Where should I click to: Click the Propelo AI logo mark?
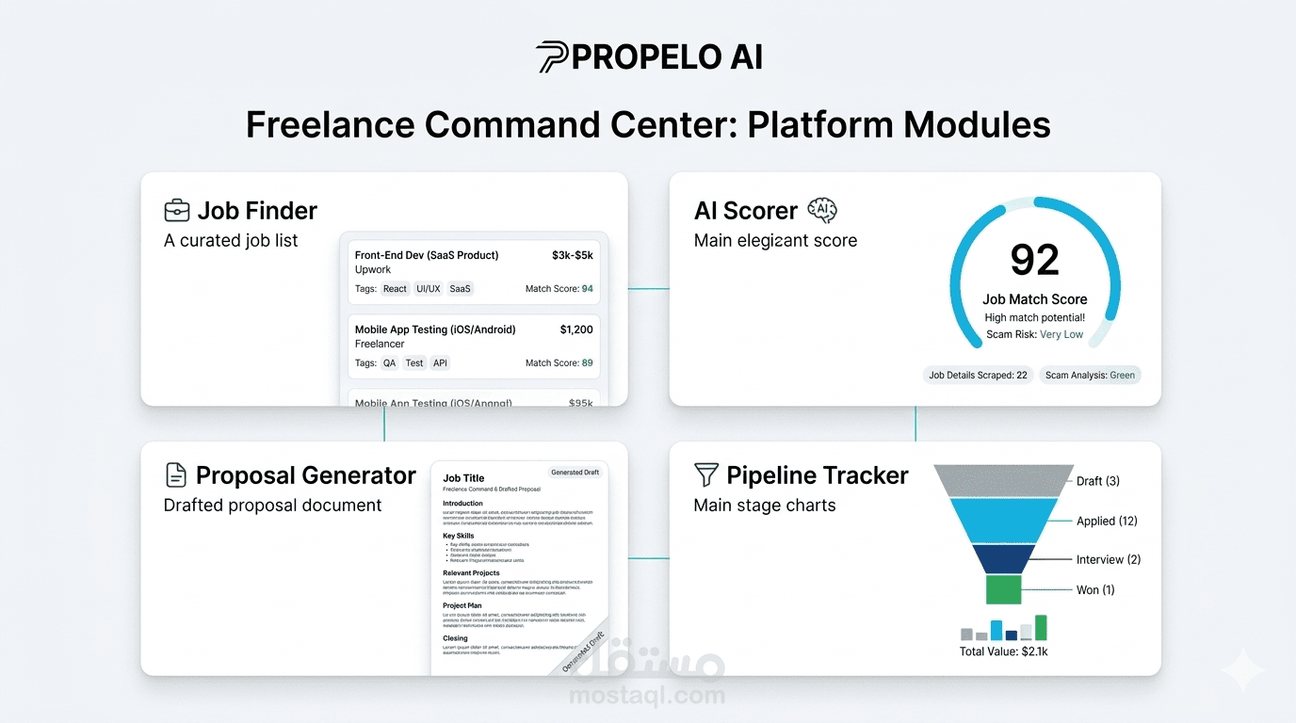tap(552, 57)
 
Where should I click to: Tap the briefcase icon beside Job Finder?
tap(176, 211)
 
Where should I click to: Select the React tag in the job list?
tap(395, 289)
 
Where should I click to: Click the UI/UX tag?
tap(428, 289)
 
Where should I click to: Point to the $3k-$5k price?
tap(572, 255)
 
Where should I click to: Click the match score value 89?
tap(588, 363)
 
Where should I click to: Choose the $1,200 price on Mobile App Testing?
tap(576, 329)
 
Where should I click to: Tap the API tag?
tap(440, 363)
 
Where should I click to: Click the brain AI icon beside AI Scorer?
tap(822, 210)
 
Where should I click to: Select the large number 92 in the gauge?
tap(1034, 261)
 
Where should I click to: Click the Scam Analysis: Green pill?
tap(1090, 375)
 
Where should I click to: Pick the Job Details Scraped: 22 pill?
tap(978, 375)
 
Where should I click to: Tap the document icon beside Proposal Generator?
tap(175, 475)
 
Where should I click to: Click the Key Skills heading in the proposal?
tap(459, 536)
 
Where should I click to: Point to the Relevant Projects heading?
tap(471, 572)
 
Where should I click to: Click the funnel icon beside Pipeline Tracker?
tap(705, 475)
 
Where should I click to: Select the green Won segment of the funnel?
tap(1003, 589)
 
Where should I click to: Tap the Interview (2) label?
tap(1108, 559)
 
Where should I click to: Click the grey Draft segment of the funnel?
tap(1003, 481)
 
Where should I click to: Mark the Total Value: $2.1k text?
tap(1003, 651)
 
